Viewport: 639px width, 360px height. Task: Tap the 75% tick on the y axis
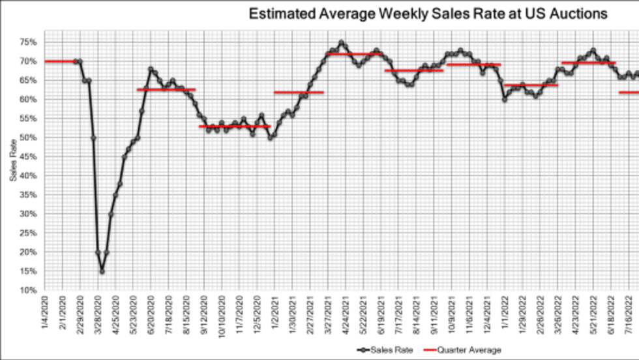(28, 42)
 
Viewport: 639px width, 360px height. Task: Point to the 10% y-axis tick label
(28, 290)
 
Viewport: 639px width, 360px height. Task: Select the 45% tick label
(28, 157)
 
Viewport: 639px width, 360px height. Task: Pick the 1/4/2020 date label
(45, 316)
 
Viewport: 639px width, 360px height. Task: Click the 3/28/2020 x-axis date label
(98, 316)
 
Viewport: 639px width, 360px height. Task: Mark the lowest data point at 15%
(102, 271)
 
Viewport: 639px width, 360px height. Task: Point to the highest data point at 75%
(341, 42)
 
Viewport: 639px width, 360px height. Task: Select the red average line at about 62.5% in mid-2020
(166, 89)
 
